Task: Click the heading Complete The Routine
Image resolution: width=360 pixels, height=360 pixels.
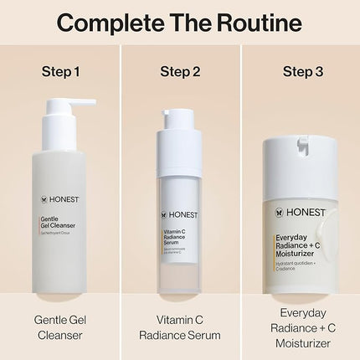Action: (180, 22)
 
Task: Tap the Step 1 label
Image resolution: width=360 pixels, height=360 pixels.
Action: (61, 70)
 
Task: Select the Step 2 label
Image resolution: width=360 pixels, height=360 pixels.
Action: (180, 70)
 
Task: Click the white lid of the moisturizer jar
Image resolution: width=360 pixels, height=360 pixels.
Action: (301, 159)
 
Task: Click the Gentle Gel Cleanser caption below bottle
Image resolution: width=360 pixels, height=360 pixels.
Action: (61, 327)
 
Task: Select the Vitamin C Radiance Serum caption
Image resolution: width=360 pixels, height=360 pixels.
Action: (180, 327)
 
